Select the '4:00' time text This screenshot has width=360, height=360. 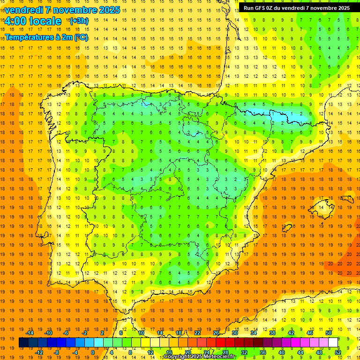pyautogui.click(x=15, y=21)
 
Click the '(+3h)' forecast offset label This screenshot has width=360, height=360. pyautogui.click(x=78, y=21)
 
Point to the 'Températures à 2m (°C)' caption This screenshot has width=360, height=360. pyautogui.click(x=46, y=37)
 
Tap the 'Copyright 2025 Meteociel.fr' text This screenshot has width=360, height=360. pyautogui.click(x=199, y=357)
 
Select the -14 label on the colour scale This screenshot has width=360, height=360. pyautogui.click(x=30, y=333)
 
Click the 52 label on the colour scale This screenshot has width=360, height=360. pyautogui.click(x=338, y=352)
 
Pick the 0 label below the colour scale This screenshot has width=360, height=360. pyautogui.click(x=92, y=352)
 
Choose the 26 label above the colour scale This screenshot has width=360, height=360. pyautogui.click(x=216, y=333)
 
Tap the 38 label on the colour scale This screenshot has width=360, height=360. pyautogui.click(x=272, y=333)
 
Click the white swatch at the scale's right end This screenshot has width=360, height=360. pyautogui.click(x=333, y=343)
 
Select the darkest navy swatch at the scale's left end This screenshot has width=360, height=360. pyautogui.click(x=23, y=343)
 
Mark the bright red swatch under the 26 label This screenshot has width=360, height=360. pyautogui.click(x=220, y=343)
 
